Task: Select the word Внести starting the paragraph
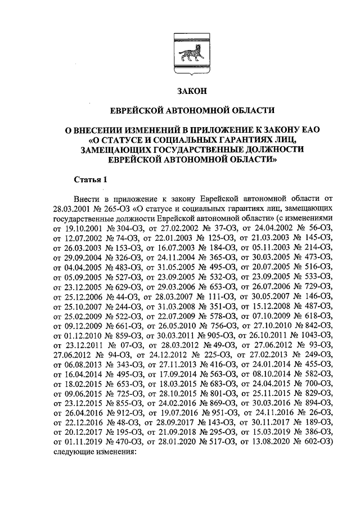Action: point(87,199)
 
